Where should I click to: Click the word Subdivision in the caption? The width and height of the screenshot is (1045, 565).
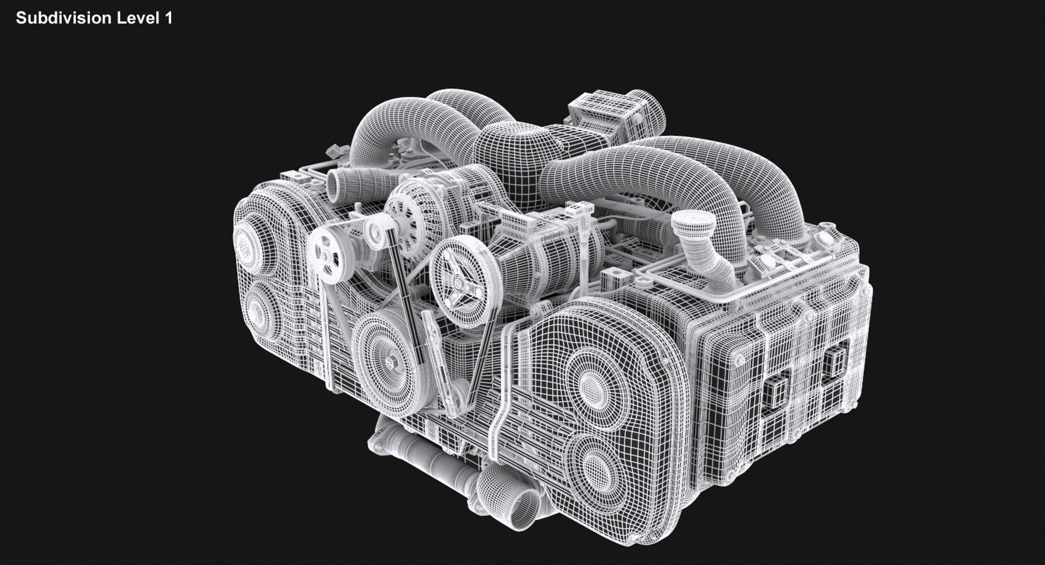pos(64,18)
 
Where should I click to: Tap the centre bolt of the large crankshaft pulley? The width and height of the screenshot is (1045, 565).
pos(390,361)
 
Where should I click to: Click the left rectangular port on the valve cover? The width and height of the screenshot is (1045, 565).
pos(777,391)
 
